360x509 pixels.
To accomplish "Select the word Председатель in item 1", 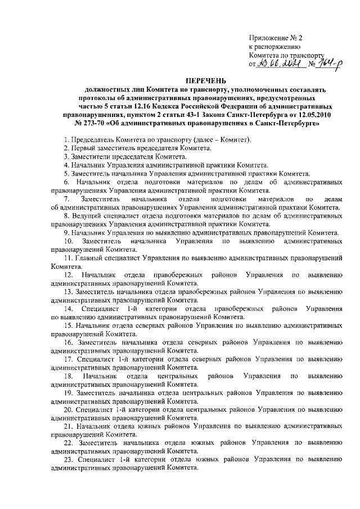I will click(91, 139).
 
